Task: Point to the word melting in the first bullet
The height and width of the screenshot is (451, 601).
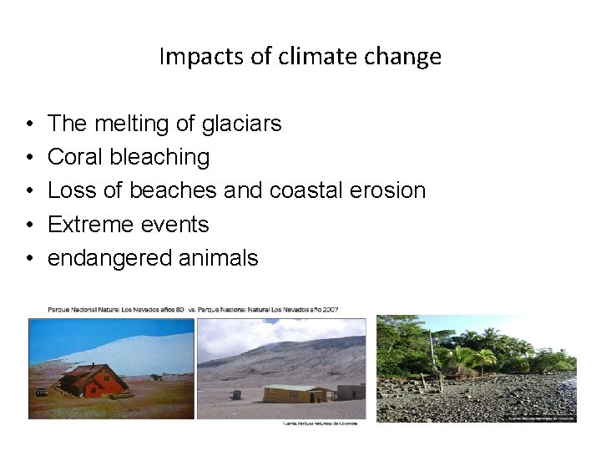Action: click(x=133, y=124)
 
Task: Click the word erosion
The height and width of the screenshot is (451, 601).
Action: click(x=387, y=190)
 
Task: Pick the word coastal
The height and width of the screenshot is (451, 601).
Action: click(x=304, y=190)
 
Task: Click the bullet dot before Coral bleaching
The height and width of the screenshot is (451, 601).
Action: click(x=30, y=158)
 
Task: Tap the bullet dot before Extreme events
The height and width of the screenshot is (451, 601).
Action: click(x=30, y=225)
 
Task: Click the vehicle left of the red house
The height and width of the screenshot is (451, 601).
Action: click(x=41, y=391)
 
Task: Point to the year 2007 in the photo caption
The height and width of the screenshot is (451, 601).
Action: click(x=329, y=311)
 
